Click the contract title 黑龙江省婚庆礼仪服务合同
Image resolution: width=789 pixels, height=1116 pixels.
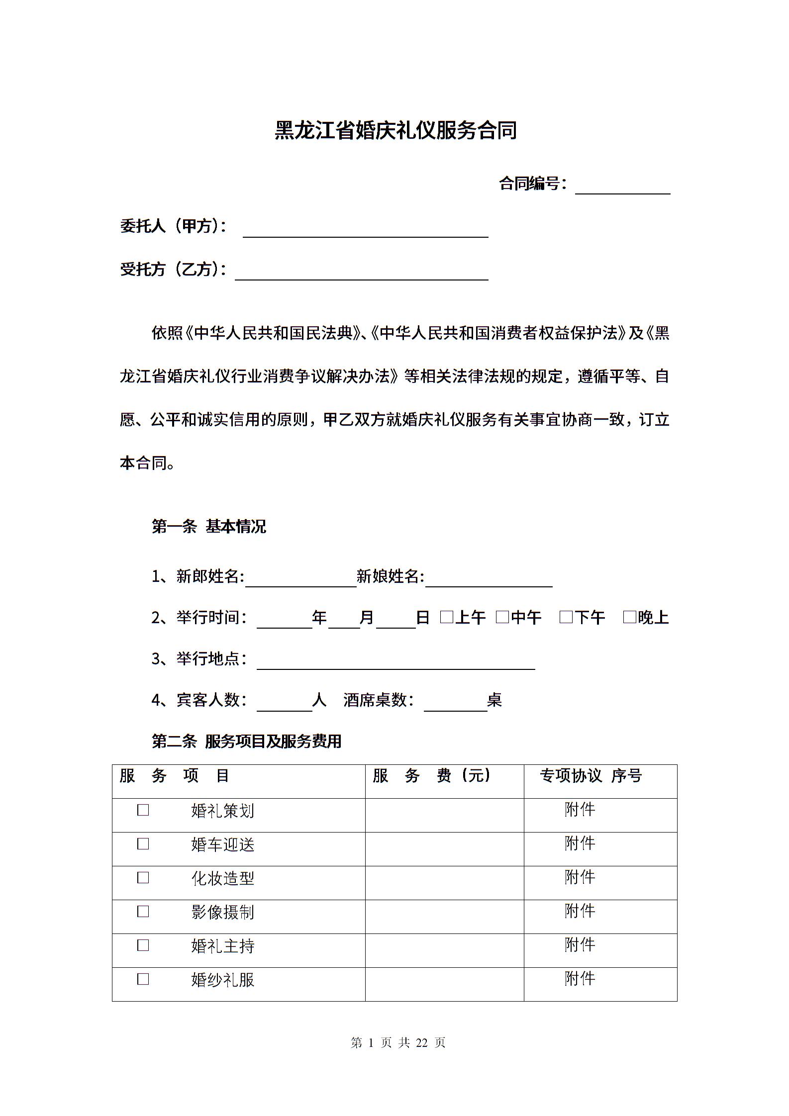[395, 131]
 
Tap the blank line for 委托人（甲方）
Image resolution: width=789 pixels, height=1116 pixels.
[365, 230]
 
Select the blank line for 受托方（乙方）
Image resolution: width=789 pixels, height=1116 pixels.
[361, 273]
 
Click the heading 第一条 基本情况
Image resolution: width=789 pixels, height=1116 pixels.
[208, 526]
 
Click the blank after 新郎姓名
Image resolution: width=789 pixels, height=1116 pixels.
[300, 580]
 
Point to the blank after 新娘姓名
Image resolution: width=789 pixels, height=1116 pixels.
[489, 580]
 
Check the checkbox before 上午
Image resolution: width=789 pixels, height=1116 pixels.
[447, 617]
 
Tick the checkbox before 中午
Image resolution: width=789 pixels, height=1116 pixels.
[502, 617]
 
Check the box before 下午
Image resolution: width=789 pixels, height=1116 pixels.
[566, 617]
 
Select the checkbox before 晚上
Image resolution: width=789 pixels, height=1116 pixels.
[629, 617]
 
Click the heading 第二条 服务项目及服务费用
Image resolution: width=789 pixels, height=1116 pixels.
[246, 742]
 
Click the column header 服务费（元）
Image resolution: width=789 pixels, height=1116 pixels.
[431, 775]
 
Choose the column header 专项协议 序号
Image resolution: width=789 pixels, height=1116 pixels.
[591, 775]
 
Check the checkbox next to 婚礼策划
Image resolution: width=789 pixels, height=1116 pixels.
[143, 810]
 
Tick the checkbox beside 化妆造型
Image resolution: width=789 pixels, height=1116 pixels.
[143, 878]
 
